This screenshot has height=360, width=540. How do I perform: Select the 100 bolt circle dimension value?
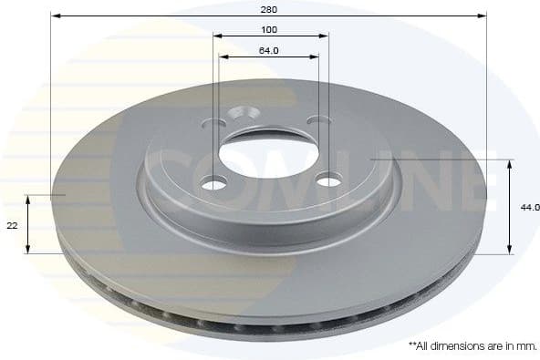pos(268,29)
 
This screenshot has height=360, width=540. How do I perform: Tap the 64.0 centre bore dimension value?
pos(268,50)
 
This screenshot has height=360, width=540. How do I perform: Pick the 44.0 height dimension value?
pos(529,208)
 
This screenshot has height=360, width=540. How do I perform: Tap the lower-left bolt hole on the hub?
pos(213,184)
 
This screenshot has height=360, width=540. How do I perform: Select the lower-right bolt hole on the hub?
pos(327,180)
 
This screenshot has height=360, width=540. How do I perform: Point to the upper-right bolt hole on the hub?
pos(317,120)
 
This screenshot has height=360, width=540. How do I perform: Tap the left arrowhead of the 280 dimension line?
pos(55,15)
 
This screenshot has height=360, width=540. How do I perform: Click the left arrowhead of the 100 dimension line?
pos(217,36)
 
